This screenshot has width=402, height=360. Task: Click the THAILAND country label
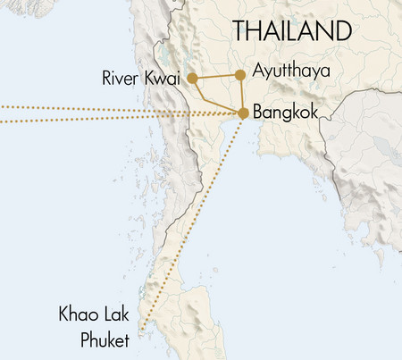[x=291, y=30]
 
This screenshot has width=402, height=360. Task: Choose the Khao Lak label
[x=95, y=315]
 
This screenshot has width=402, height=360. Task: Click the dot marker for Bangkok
[x=243, y=113]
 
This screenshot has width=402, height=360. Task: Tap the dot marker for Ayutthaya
[x=239, y=75]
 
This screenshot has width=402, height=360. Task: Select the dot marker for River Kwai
[x=192, y=79]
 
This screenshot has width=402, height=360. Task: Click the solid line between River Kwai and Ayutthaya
[x=215, y=77]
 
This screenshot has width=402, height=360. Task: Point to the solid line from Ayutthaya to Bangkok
[x=241, y=94]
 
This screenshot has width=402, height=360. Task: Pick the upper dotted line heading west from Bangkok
[x=89, y=108]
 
